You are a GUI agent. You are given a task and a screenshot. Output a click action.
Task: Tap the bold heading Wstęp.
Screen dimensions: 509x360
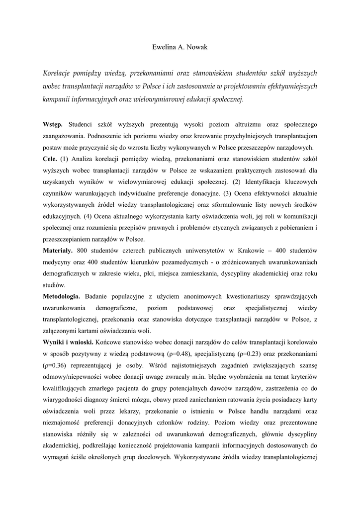click(53, 123)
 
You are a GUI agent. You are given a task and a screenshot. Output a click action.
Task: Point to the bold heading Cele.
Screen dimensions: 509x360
click(49, 159)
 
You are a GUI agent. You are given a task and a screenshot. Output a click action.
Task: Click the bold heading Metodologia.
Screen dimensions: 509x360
click(62, 296)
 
